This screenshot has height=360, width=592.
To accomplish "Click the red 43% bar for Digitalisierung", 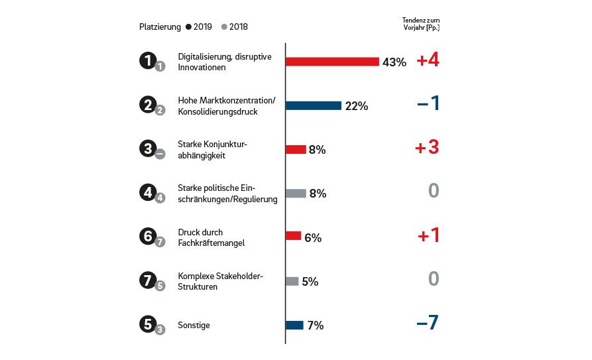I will [332, 62].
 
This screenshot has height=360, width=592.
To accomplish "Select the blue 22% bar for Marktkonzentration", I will [314, 105].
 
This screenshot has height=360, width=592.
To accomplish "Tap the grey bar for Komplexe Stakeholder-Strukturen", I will [292, 281].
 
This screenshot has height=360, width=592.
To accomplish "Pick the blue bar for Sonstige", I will [294, 325].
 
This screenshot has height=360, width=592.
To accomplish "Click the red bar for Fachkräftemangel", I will [293, 237].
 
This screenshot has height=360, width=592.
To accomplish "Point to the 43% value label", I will [394, 62].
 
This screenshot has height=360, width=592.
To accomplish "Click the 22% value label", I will [357, 106].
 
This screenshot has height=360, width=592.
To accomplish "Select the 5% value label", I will [310, 282].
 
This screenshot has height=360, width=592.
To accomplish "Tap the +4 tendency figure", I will [428, 60].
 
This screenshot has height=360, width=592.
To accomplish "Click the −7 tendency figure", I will [428, 324].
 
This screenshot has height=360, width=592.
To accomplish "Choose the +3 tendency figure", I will [428, 148].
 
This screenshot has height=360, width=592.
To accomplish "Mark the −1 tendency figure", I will [428, 104].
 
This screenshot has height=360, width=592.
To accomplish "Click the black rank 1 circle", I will [147, 60].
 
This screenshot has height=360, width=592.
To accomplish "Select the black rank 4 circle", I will [147, 192].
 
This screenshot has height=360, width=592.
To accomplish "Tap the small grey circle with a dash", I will [160, 154].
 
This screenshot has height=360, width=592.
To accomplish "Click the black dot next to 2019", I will [189, 27].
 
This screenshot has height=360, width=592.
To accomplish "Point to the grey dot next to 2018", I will [224, 27].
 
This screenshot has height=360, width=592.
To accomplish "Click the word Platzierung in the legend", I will [160, 27].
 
